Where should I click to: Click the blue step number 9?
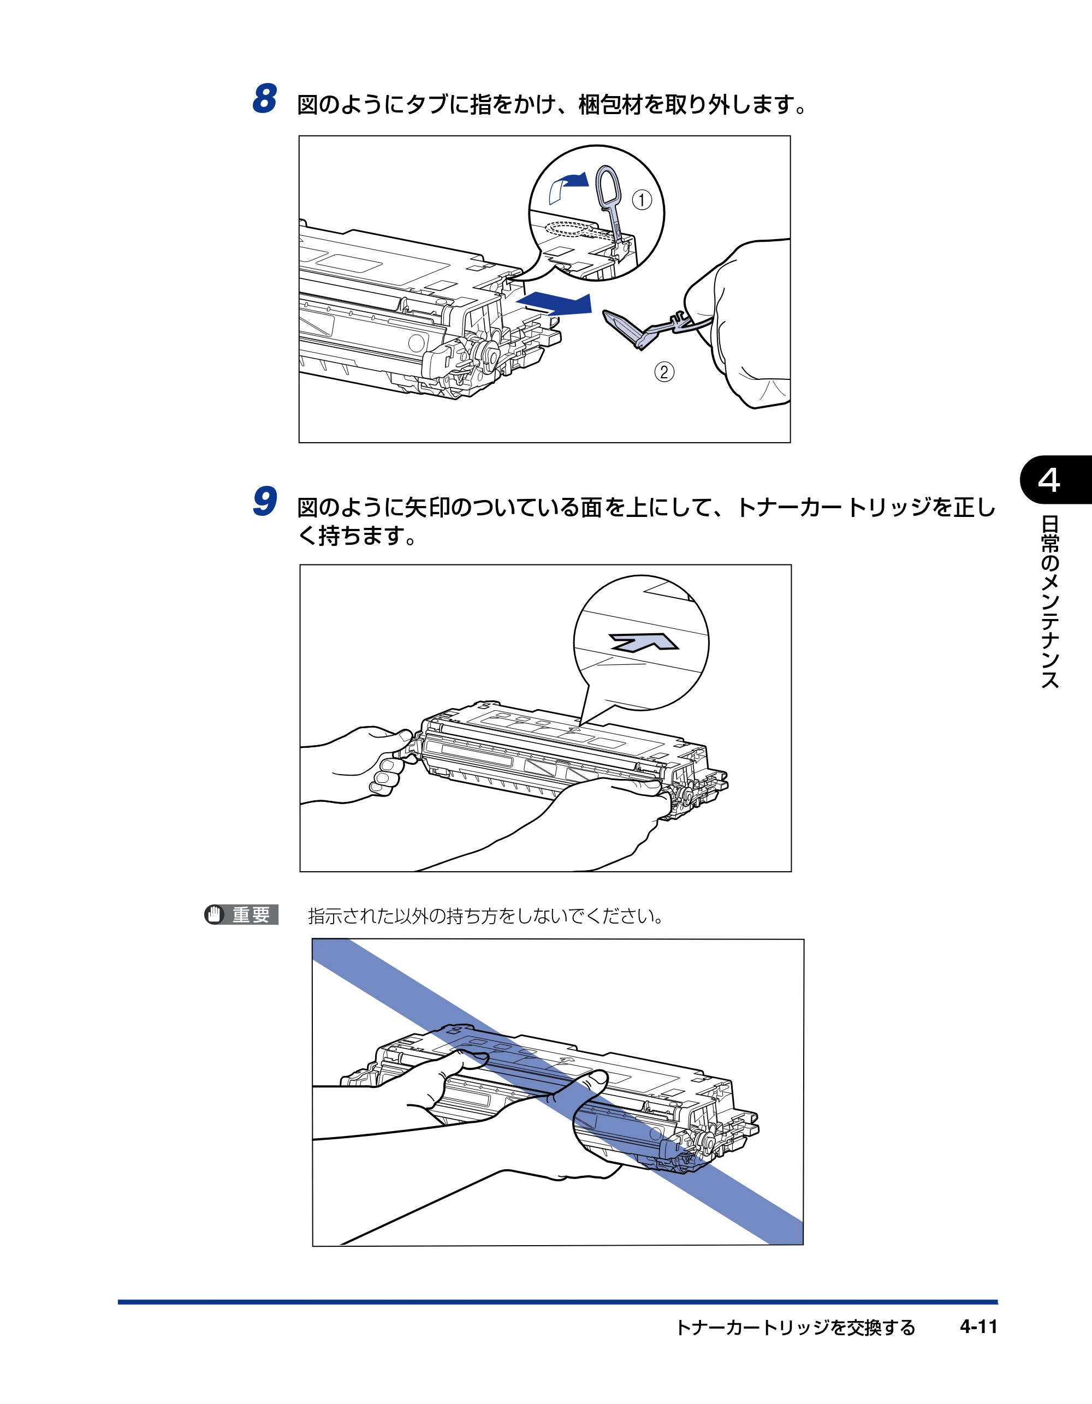tap(265, 502)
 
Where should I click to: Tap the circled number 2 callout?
tap(664, 372)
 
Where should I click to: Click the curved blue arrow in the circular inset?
tap(569, 187)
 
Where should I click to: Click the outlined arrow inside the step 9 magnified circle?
tap(643, 641)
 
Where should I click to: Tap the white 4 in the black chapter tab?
tap(1049, 480)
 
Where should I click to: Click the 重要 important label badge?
tap(241, 914)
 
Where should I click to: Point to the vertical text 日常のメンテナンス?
tap(1049, 602)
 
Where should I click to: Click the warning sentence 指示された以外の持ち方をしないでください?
tap(486, 915)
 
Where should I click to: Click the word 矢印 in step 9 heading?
tap(426, 508)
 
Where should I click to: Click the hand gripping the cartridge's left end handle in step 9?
tap(360, 765)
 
